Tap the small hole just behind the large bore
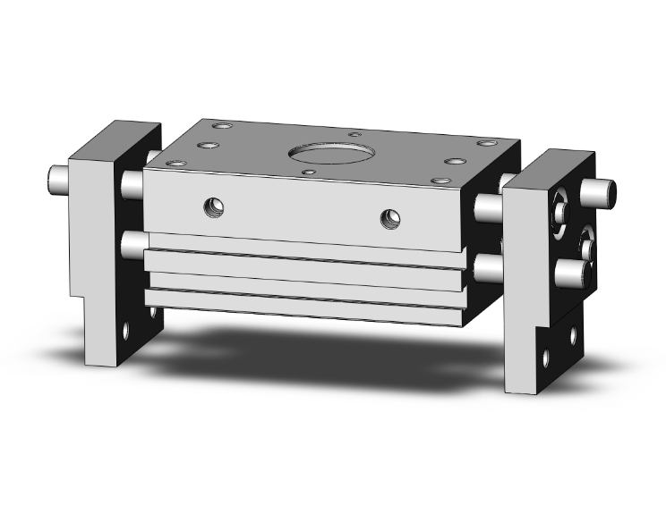point(355,134)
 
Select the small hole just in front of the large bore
point(310,172)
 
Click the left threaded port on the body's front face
point(213,207)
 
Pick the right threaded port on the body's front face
point(389,217)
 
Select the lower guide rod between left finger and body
point(132,243)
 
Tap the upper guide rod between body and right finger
point(488,206)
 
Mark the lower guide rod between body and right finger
point(487,266)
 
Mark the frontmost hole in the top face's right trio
point(440,181)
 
